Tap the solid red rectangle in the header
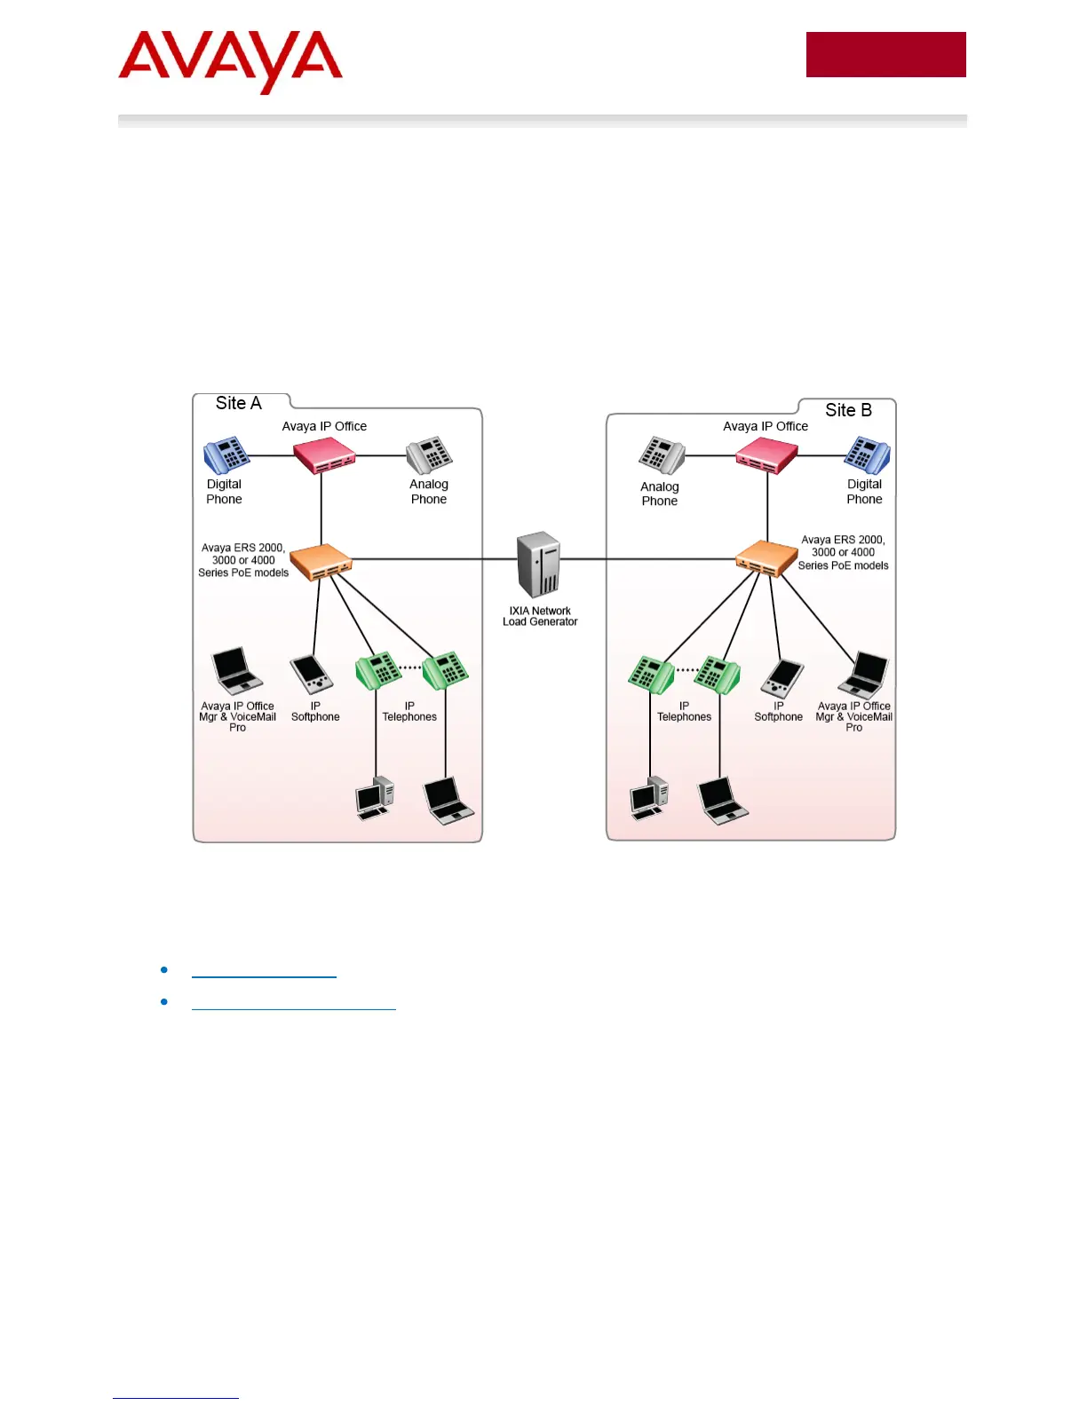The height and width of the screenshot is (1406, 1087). tap(885, 55)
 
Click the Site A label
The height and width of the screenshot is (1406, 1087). tap(239, 403)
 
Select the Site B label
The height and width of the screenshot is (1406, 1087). tap(848, 410)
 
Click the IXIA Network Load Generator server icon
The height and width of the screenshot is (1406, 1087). tap(539, 564)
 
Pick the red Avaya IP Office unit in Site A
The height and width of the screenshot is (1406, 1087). tap(324, 455)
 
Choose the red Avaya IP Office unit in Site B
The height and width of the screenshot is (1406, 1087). tap(766, 456)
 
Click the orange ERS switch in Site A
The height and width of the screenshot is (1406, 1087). tap(321, 561)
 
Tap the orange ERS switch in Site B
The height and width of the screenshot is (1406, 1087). tap(766, 558)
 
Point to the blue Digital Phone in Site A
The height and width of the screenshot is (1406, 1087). tap(226, 455)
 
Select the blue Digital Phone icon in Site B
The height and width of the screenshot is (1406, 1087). tap(867, 455)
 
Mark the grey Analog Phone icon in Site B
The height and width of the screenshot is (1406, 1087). tap(662, 455)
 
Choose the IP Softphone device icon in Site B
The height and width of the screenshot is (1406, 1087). tap(782, 679)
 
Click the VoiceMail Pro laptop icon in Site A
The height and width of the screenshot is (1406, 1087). tap(236, 671)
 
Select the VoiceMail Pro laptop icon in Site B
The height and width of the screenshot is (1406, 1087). tap(864, 675)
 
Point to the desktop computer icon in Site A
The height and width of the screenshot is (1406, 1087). tap(375, 797)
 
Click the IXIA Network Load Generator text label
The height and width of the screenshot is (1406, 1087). tap(540, 616)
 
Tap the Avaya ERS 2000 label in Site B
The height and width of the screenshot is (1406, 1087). tap(843, 552)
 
